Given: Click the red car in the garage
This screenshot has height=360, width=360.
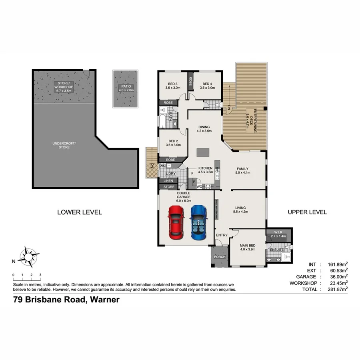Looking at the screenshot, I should click(x=175, y=222).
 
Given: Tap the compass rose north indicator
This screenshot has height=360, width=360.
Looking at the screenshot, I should click(x=27, y=257).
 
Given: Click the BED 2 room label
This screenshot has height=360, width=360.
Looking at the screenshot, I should click(x=173, y=143).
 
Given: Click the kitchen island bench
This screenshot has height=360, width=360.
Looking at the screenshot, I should click(x=203, y=152).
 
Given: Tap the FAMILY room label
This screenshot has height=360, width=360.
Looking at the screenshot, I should click(x=242, y=171).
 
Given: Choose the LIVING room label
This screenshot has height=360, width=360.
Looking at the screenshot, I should click(x=240, y=210).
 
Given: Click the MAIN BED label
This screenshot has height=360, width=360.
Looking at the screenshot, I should click(x=248, y=248).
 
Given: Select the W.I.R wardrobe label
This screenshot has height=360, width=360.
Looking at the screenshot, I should click(x=279, y=234).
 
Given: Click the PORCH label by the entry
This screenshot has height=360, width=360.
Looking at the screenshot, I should click(x=220, y=257).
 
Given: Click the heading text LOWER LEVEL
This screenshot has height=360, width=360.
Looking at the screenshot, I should click(x=80, y=212).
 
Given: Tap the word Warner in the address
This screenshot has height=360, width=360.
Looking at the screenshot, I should click(x=105, y=300).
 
